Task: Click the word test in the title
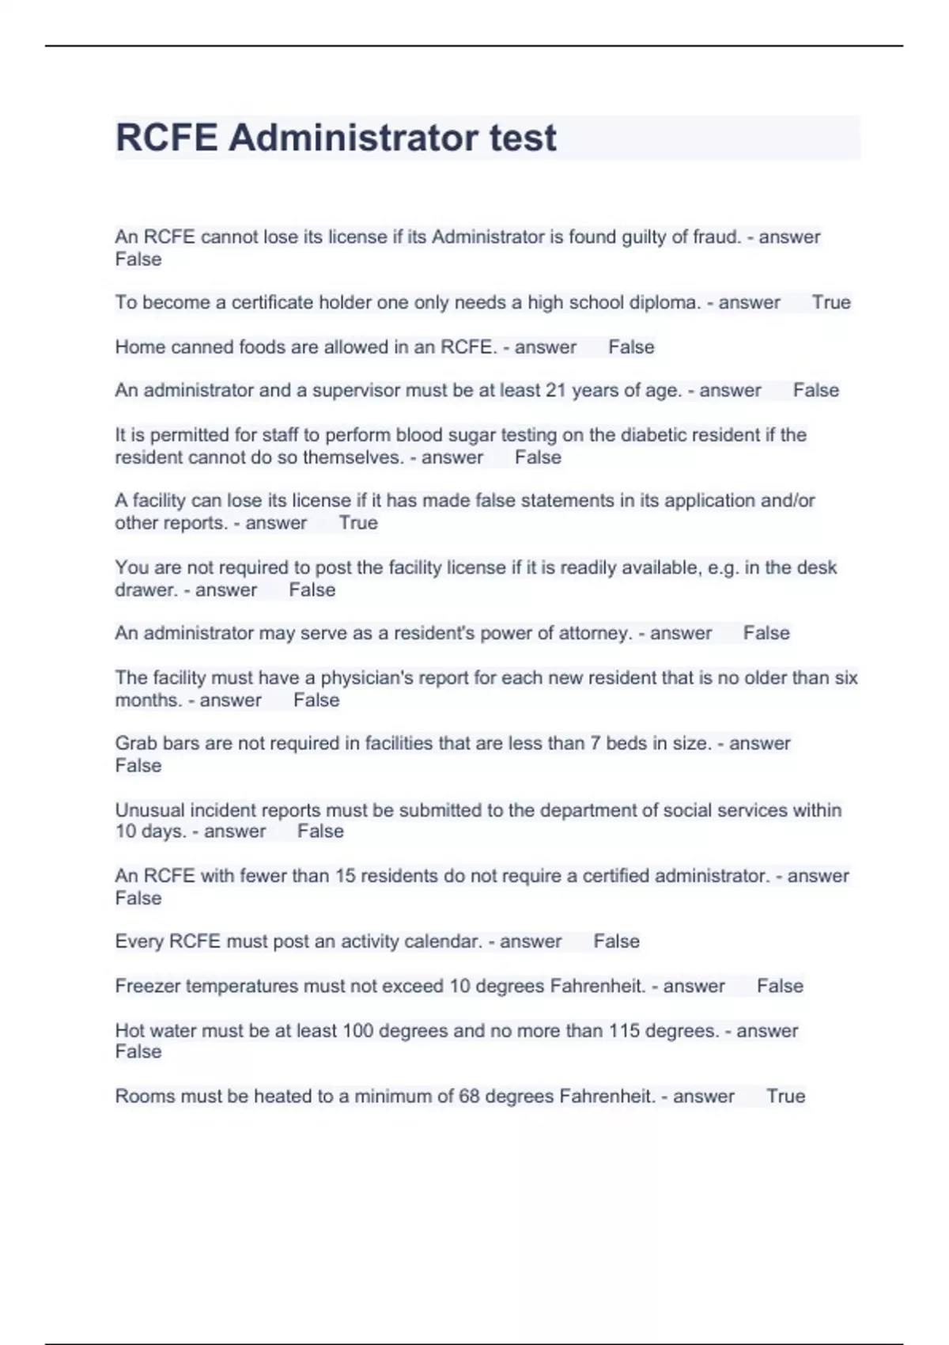523,138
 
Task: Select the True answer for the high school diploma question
831,302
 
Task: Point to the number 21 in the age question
556,390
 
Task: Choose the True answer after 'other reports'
358,523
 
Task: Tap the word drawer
146,589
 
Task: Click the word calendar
443,941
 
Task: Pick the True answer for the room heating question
785,1096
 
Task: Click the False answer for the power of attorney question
766,633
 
